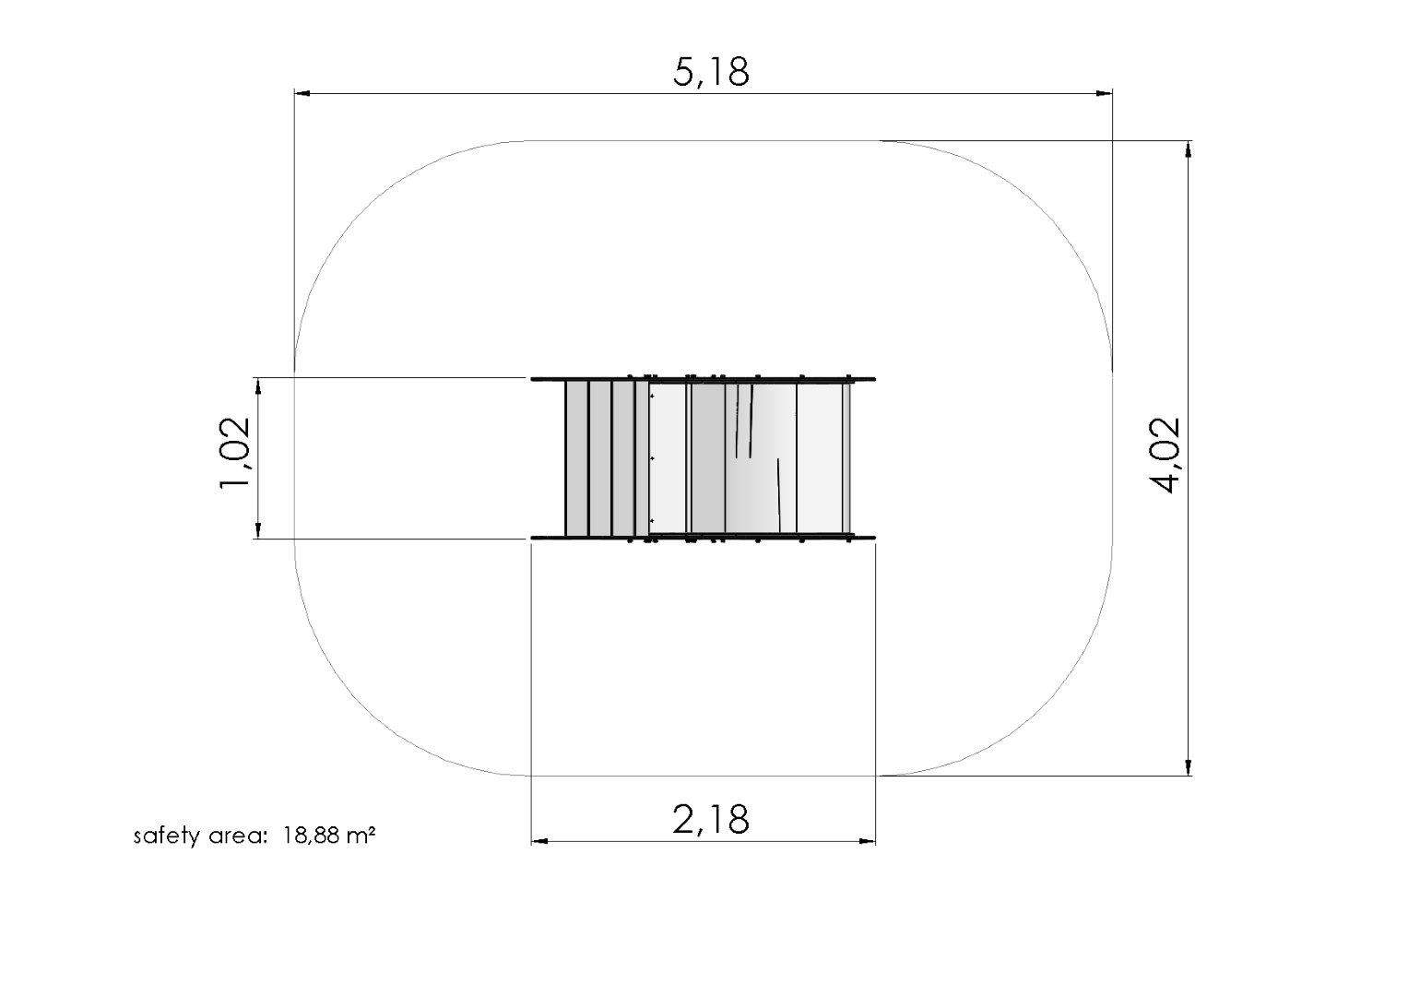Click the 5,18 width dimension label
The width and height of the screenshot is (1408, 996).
click(x=710, y=72)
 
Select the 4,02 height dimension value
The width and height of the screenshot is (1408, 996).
click(x=1167, y=456)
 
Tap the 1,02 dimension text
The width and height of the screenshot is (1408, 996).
click(x=234, y=456)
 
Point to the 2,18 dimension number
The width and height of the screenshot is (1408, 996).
click(x=710, y=819)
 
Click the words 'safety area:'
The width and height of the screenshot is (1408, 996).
click(x=200, y=836)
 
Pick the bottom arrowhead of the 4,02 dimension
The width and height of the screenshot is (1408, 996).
click(x=1189, y=767)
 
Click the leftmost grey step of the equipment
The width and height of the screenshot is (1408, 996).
click(x=576, y=458)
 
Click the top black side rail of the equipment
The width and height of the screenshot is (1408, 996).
click(x=701, y=379)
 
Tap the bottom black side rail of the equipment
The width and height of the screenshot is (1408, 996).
click(x=701, y=537)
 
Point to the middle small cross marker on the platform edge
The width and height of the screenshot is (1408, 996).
click(x=652, y=457)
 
